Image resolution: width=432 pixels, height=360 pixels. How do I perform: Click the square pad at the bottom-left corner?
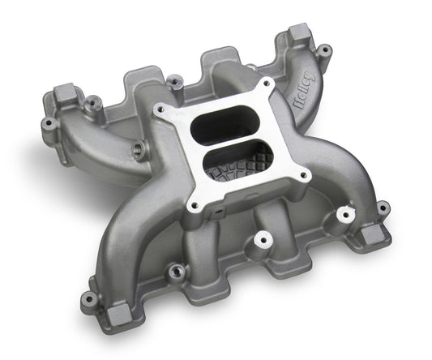pos(88,298)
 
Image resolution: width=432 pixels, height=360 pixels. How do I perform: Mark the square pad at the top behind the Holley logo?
pos(298,33)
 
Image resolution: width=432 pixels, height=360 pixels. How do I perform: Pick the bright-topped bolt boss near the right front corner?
pos(346,213)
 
